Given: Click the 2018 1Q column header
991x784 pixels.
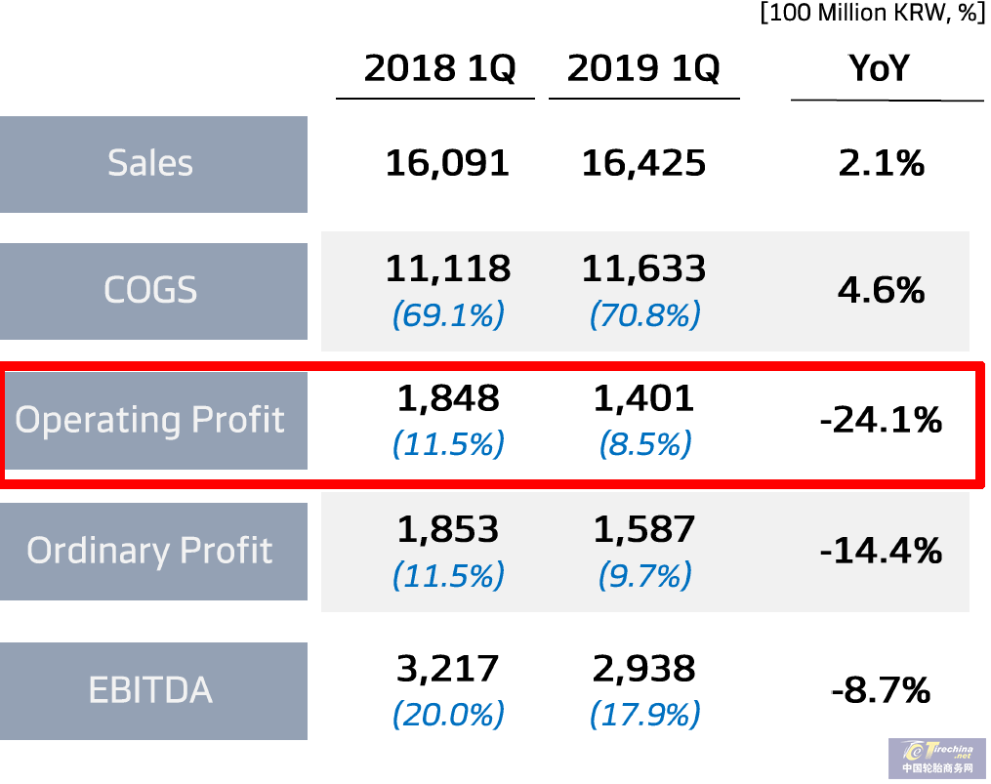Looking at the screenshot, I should click(439, 69).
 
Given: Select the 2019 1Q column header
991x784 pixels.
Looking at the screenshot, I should click(643, 69).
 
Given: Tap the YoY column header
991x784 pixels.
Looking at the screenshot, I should click(879, 69).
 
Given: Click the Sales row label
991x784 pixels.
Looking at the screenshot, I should click(151, 163).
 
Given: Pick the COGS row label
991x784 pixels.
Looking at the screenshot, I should click(151, 290).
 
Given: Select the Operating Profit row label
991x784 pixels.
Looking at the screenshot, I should click(151, 420).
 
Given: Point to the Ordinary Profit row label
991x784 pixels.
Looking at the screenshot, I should click(151, 551).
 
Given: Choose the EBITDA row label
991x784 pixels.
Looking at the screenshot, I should click(151, 690).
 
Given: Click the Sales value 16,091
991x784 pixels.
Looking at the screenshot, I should click(447, 163).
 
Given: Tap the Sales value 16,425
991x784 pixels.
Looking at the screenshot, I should click(643, 163).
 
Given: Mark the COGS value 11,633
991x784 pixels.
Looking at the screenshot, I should click(643, 268).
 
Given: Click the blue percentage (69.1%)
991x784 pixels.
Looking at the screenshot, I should click(448, 314).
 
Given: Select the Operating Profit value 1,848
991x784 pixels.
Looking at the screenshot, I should click(448, 398).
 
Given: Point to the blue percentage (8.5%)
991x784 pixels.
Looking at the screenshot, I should click(644, 444).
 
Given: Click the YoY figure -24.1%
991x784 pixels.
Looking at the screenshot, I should click(881, 421).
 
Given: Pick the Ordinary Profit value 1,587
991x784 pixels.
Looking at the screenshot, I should click(644, 529).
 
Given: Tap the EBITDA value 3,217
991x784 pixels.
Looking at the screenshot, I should click(448, 669).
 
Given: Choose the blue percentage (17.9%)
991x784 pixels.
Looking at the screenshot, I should click(644, 715).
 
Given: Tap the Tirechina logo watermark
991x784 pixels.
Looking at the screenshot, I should click(937, 758).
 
